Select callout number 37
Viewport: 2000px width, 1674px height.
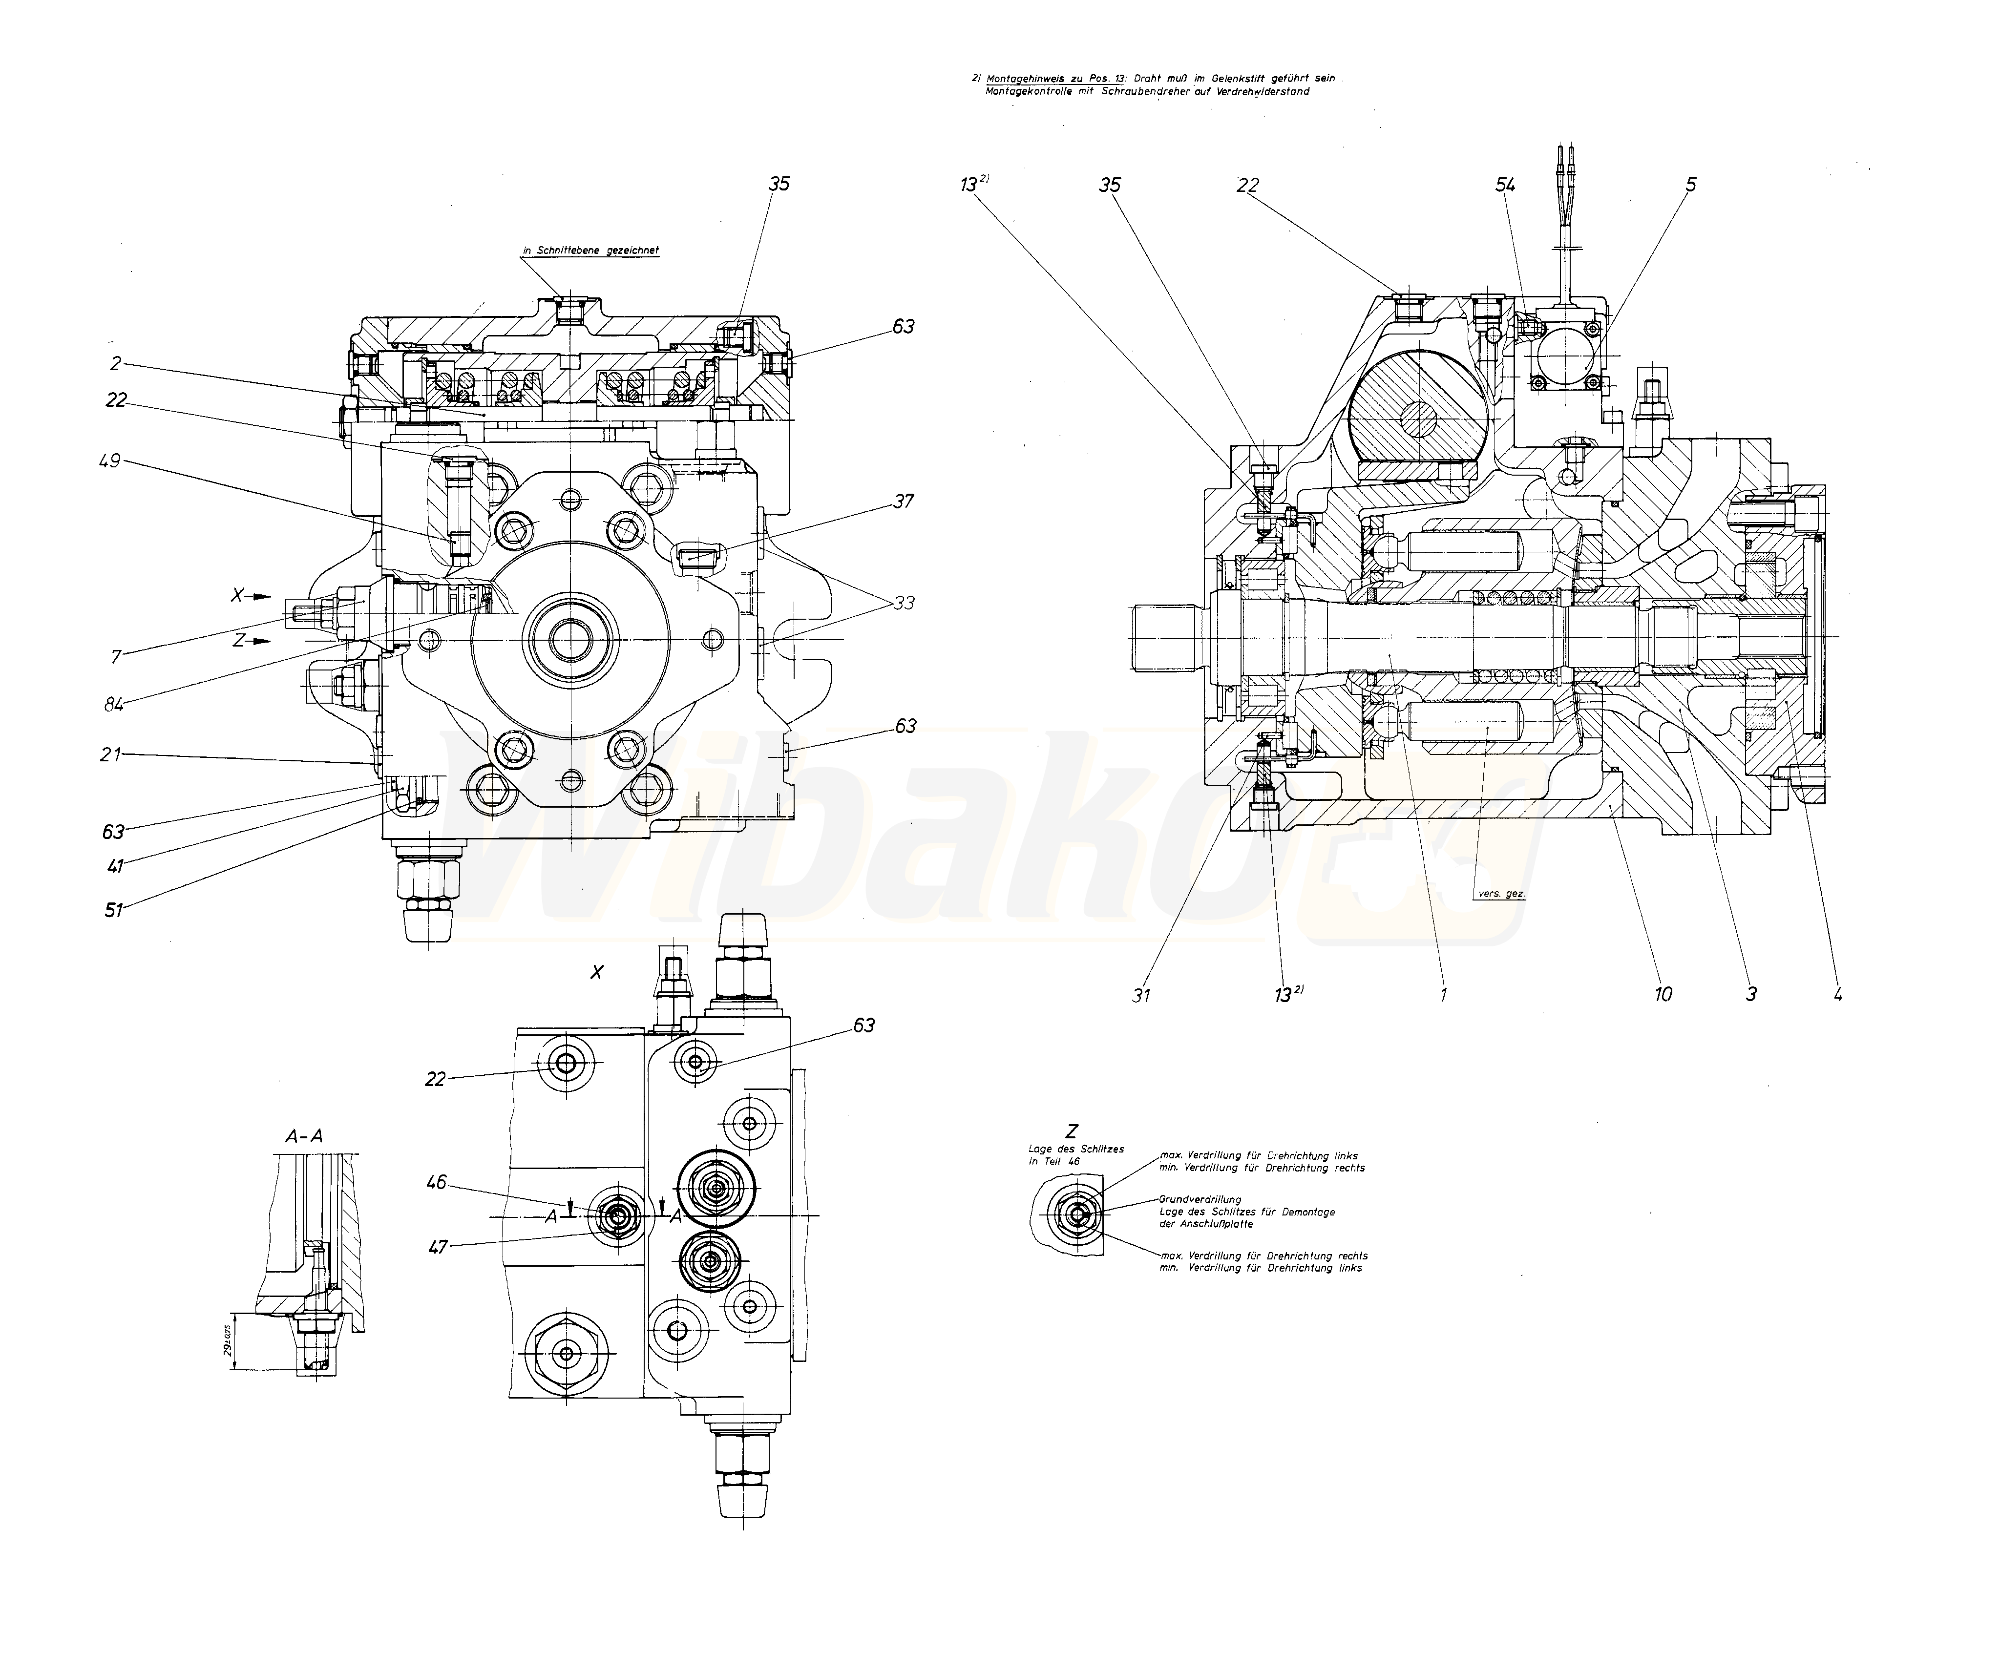pos(903,501)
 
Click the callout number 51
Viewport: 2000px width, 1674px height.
pos(114,909)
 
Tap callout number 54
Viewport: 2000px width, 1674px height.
pos(1505,185)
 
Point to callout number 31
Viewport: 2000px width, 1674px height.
pos(1141,995)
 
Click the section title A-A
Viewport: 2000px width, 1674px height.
pos(304,1135)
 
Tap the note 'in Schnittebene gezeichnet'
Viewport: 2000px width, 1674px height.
pos(589,251)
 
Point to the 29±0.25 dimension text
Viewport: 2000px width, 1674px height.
pos(229,1341)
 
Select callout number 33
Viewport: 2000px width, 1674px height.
pos(903,603)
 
